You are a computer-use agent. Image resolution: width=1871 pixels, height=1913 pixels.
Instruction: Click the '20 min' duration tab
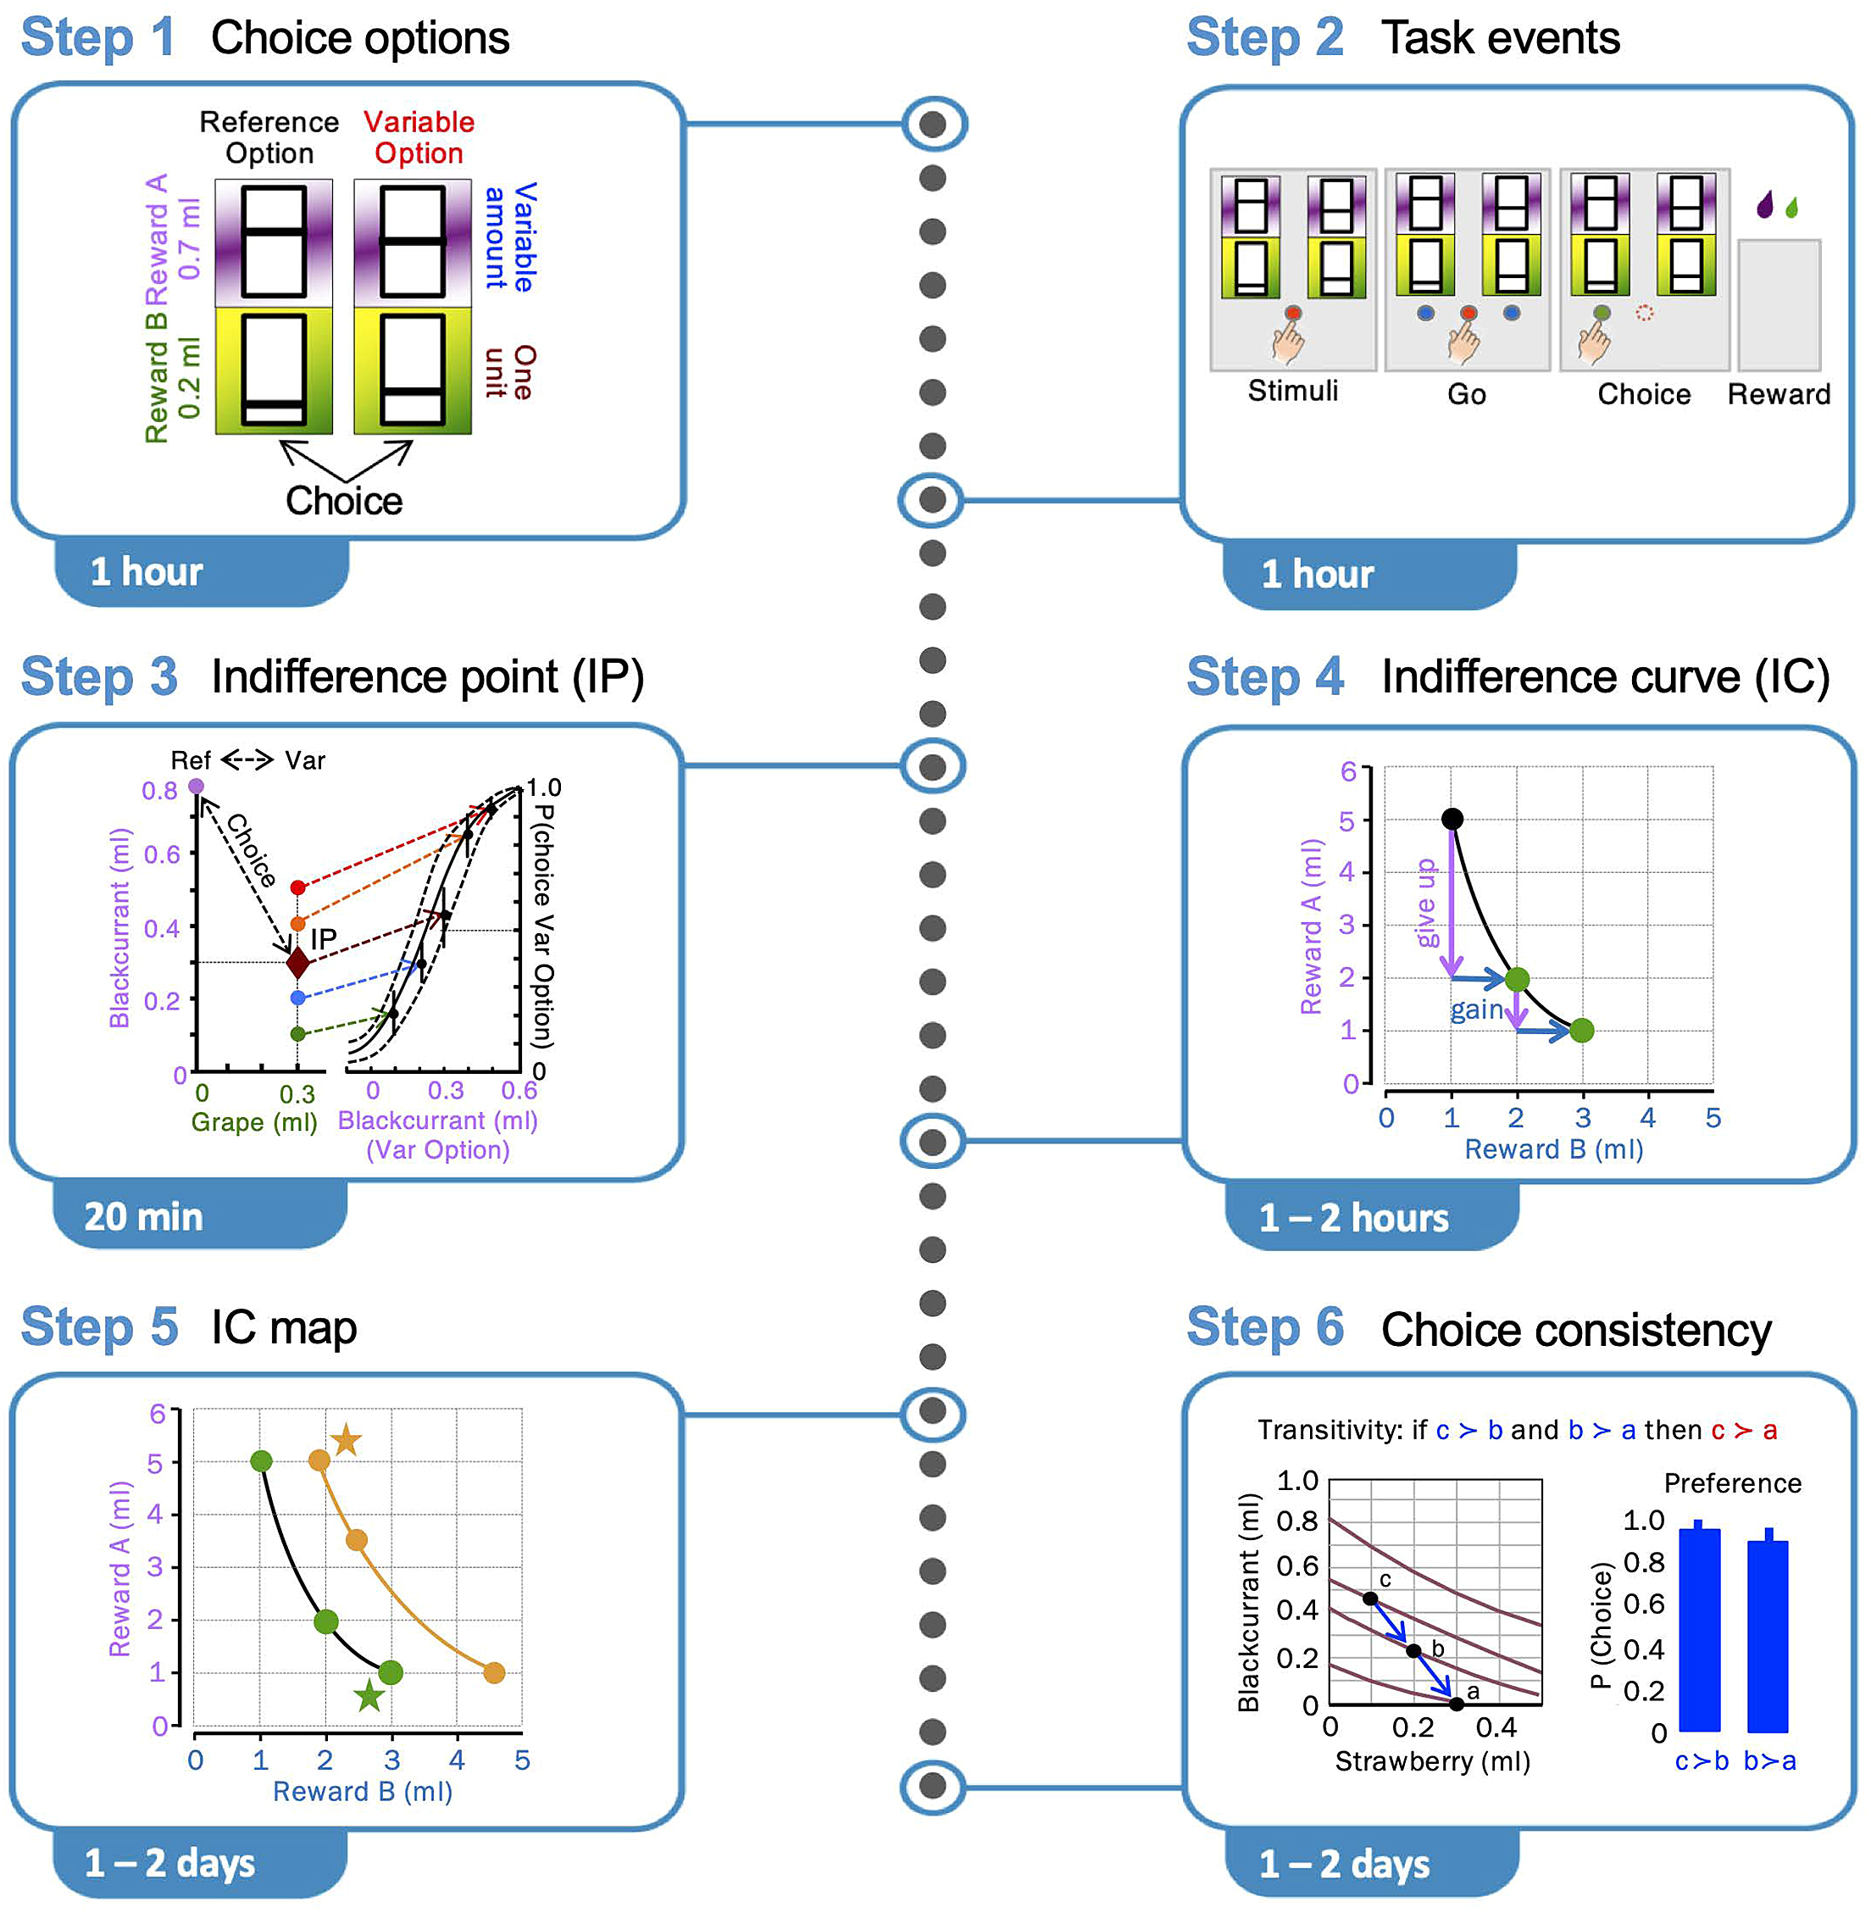(x=143, y=1216)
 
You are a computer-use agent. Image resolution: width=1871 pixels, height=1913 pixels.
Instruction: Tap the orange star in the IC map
(x=346, y=1441)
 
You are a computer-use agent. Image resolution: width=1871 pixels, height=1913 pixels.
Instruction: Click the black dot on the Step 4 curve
(x=1452, y=819)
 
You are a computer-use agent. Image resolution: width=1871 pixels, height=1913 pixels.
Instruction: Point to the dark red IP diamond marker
(x=297, y=962)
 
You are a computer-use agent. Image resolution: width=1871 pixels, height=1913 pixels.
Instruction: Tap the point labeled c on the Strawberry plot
(x=1370, y=1599)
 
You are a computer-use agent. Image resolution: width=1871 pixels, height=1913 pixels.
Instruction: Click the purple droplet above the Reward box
(x=1765, y=204)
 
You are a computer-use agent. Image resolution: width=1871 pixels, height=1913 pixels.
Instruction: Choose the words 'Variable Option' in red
(x=419, y=137)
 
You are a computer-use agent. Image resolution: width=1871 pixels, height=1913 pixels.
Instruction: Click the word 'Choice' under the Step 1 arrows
(x=344, y=502)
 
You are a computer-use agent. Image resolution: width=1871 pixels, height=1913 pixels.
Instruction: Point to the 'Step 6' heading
(x=1264, y=1328)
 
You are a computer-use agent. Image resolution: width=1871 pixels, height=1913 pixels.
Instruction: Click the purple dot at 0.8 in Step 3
(x=197, y=786)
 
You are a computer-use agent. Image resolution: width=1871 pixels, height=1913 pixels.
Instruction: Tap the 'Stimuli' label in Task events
(x=1292, y=392)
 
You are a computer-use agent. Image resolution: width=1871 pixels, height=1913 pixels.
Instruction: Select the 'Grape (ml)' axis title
(x=254, y=1121)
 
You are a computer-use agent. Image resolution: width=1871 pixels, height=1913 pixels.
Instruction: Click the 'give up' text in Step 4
(x=1427, y=903)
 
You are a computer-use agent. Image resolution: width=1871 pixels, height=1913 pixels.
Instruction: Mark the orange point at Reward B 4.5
(x=494, y=1672)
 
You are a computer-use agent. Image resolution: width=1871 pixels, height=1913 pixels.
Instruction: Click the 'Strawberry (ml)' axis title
(x=1433, y=1761)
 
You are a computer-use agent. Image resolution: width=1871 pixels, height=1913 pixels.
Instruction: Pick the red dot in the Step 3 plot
(x=297, y=887)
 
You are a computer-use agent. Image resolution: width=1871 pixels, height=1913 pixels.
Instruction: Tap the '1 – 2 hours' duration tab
(x=1354, y=1218)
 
